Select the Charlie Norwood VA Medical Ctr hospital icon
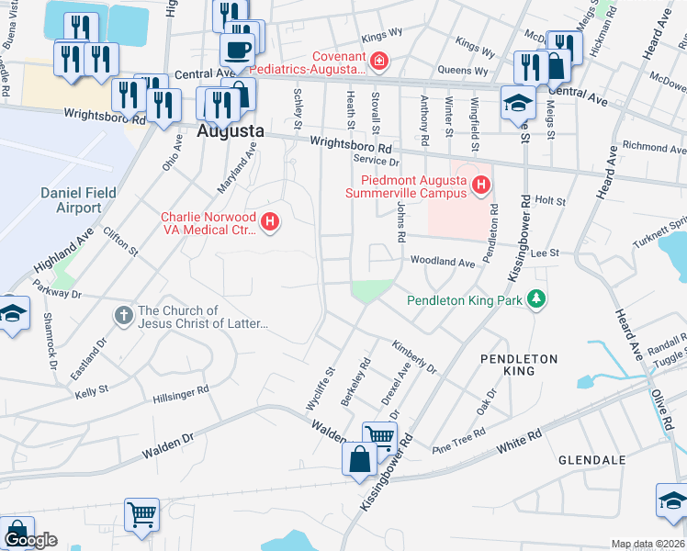click(270, 221)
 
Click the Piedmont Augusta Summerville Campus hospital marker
click(479, 187)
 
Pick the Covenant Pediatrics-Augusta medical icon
click(378, 62)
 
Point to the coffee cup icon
click(237, 50)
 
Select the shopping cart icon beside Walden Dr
click(379, 439)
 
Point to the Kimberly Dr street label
click(414, 357)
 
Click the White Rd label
click(521, 446)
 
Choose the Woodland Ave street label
click(442, 262)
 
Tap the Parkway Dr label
click(57, 294)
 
